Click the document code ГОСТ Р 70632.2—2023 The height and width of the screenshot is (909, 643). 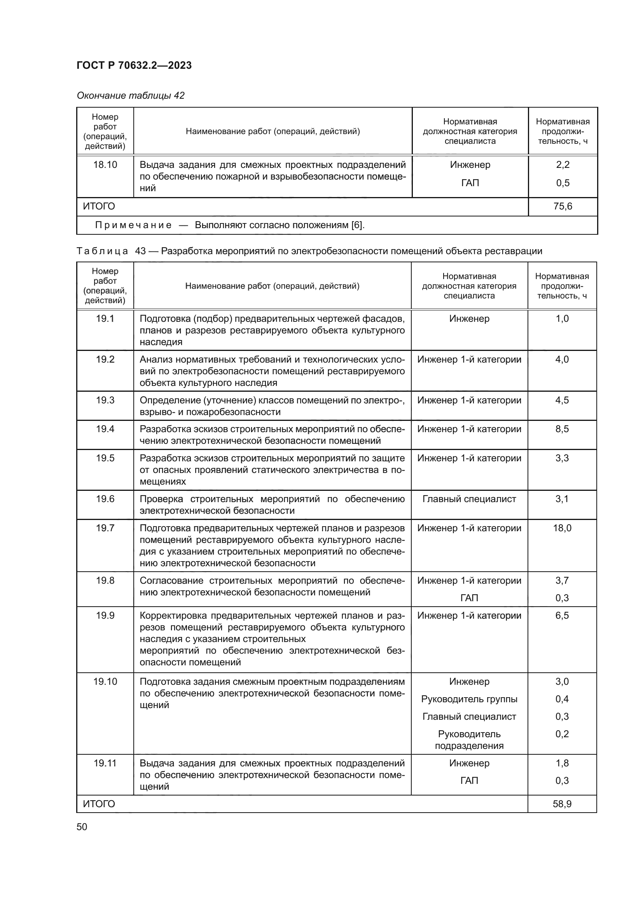click(x=134, y=65)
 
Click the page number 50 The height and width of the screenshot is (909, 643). click(x=82, y=827)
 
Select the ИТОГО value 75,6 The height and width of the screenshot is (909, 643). click(x=563, y=206)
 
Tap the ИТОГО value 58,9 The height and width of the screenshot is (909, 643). click(x=562, y=804)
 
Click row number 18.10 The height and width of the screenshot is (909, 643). click(x=105, y=165)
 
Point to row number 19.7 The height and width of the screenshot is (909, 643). click(x=105, y=528)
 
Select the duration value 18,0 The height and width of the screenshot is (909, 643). click(x=562, y=528)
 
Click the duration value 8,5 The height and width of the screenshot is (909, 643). click(x=562, y=429)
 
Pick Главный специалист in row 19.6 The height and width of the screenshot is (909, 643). click(x=469, y=499)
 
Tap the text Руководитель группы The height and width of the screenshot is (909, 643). click(x=469, y=699)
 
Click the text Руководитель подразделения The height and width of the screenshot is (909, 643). click(x=469, y=740)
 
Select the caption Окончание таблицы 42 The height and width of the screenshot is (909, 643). click(x=131, y=96)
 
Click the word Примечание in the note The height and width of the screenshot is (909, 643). click(x=133, y=225)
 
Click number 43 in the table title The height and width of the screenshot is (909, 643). click(x=140, y=251)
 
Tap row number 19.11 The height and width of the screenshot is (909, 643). click(x=105, y=763)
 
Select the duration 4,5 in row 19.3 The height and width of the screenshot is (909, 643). click(x=562, y=400)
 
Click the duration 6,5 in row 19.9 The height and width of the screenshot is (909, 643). click(x=562, y=615)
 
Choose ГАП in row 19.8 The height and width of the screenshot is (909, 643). click(x=469, y=598)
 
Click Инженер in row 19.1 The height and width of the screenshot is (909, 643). click(x=469, y=319)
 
